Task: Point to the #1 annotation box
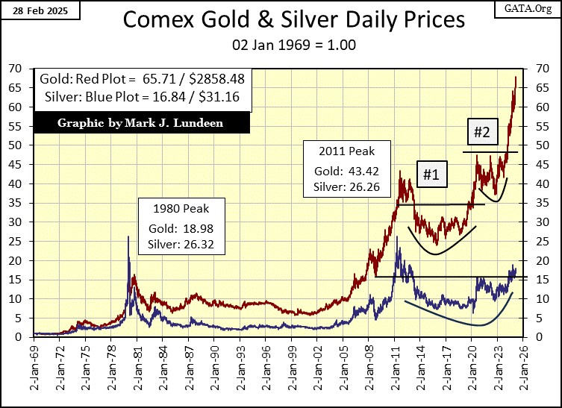431,175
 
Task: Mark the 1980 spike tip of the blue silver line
128,236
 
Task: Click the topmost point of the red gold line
516,77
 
